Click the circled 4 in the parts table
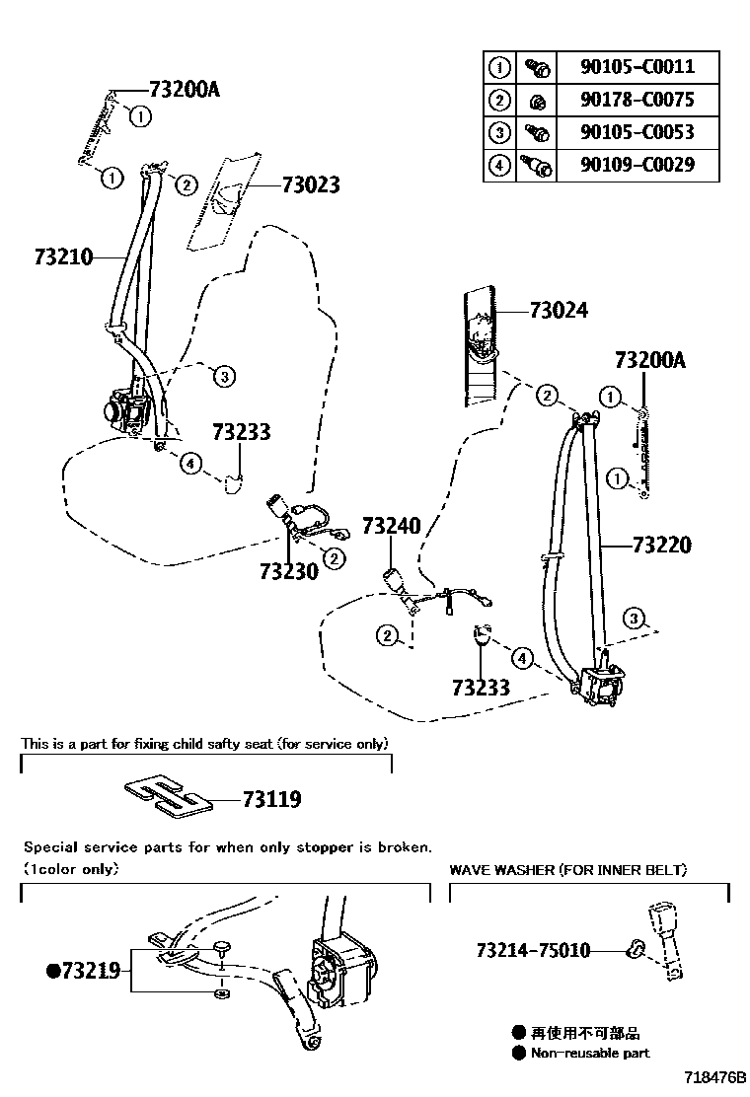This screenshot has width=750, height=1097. [x=500, y=165]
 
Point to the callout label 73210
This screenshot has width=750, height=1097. [x=63, y=257]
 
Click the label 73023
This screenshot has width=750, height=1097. [x=310, y=184]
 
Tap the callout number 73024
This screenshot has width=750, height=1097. [x=558, y=311]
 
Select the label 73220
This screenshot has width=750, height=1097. [x=661, y=545]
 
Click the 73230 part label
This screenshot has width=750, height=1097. [x=289, y=571]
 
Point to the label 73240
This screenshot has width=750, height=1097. [x=391, y=526]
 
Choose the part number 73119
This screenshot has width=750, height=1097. [x=271, y=799]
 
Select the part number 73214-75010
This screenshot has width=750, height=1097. [x=533, y=951]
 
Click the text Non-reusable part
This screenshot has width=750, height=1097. [x=590, y=1053]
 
